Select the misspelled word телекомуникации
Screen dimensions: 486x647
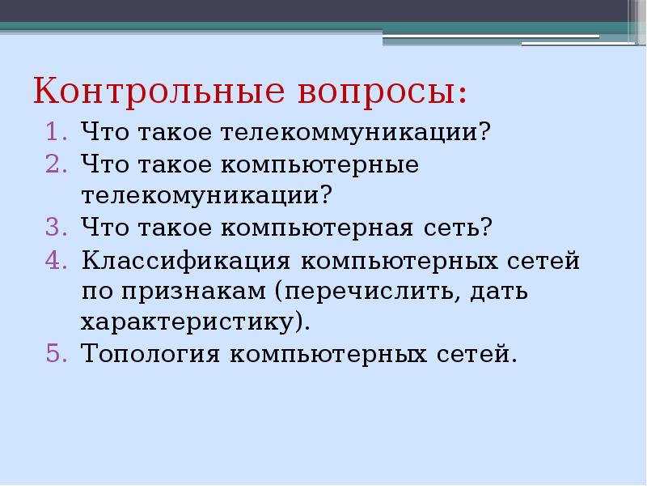pyautogui.click(x=207, y=196)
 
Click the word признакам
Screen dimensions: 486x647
pyautogui.click(x=194, y=292)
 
